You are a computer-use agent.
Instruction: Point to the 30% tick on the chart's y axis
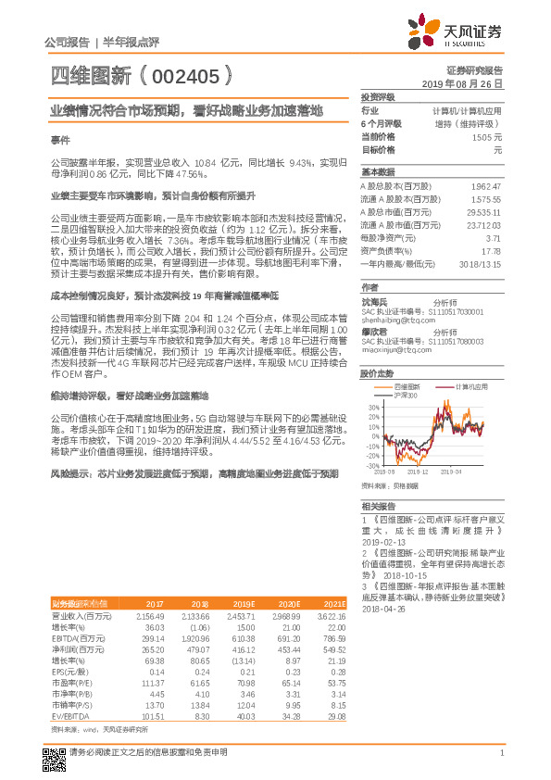pyautogui.click(x=371, y=407)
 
